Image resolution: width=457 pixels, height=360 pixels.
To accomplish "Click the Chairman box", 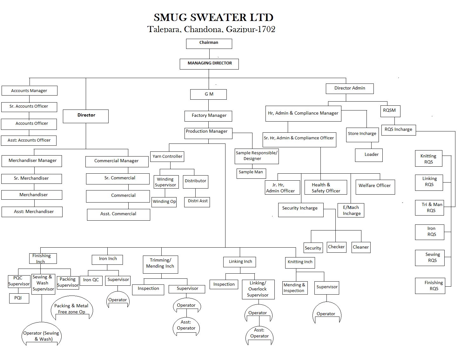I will [x=209, y=44].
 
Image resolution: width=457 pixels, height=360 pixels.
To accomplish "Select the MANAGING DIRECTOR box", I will [x=209, y=64].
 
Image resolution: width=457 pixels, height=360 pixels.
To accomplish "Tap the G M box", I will [x=208, y=94].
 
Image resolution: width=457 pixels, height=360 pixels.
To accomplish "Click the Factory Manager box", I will [x=208, y=116].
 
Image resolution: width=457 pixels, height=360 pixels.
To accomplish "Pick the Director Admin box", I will [x=349, y=89].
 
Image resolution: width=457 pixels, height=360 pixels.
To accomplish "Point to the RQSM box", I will [x=390, y=111].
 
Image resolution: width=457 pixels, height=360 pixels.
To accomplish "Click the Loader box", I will [x=369, y=155].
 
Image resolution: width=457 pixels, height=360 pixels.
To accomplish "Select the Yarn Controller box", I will [x=167, y=157].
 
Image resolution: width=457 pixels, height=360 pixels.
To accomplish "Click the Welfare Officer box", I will [x=375, y=187].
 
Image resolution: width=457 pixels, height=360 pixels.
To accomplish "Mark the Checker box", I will [x=336, y=247].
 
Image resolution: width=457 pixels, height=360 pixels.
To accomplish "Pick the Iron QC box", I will [x=91, y=280].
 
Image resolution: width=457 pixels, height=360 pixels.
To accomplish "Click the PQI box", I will [x=19, y=298].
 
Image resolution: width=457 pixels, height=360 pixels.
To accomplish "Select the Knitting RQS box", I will [x=428, y=159].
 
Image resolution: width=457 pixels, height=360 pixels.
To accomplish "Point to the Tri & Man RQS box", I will [x=429, y=208].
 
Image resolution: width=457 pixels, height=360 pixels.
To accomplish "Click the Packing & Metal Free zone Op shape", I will [x=71, y=308].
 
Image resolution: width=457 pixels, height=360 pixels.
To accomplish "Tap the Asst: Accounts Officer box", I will [x=29, y=140].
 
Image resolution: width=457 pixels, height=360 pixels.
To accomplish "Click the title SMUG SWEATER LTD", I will [x=213, y=17].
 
